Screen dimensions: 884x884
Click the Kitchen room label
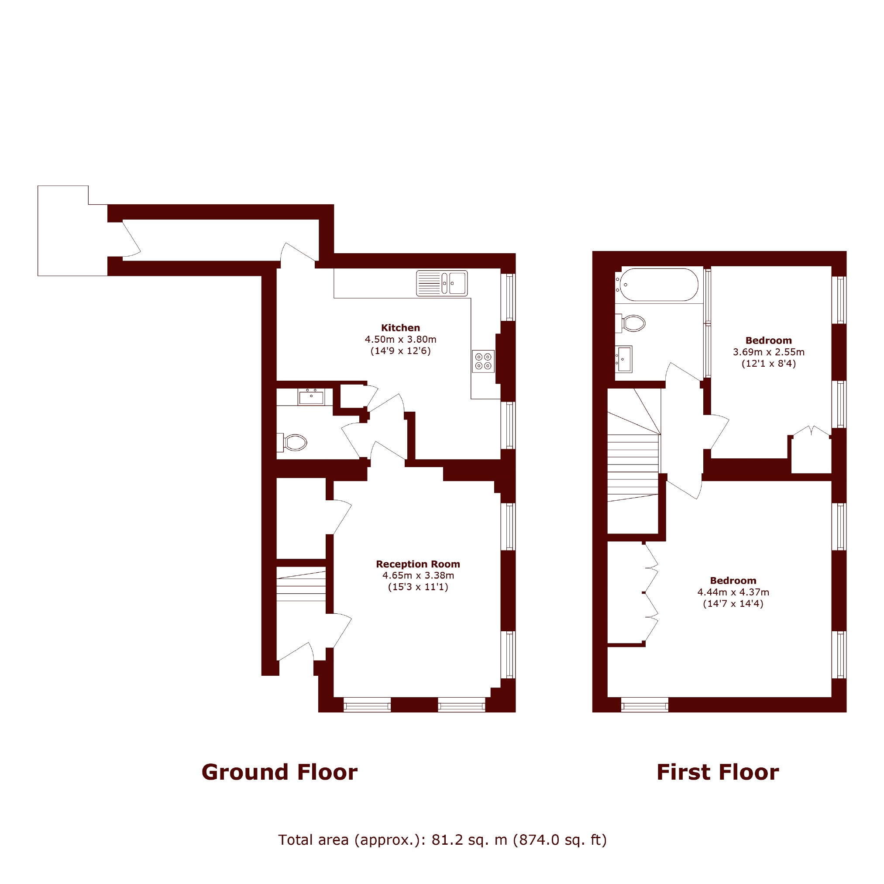[x=400, y=327]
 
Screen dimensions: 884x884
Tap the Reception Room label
[x=418, y=564]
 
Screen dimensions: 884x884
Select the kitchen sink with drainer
[x=441, y=283]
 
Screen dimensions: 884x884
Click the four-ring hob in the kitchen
[x=483, y=361]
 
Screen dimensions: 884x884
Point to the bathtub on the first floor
[x=657, y=285]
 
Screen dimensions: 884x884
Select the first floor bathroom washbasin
[x=623, y=359]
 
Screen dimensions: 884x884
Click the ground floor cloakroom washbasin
[x=311, y=396]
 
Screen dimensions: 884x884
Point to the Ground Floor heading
[x=279, y=772]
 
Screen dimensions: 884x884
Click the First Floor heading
[x=717, y=772]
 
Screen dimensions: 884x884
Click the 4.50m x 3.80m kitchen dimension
[x=400, y=340]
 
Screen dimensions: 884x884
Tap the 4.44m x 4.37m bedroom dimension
[x=733, y=592]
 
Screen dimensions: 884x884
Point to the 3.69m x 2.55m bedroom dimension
[x=769, y=352]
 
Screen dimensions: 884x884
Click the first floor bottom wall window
[x=645, y=704]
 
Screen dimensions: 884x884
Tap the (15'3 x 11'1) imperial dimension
[x=418, y=587]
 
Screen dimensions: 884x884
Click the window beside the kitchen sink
[x=508, y=297]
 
